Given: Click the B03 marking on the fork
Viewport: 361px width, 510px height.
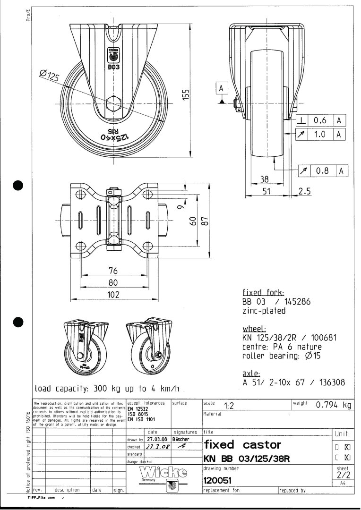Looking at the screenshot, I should tap(113, 68).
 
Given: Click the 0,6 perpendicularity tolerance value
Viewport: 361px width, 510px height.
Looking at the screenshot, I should tap(320, 121).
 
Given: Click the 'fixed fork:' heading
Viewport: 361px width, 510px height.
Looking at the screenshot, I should tap(263, 293).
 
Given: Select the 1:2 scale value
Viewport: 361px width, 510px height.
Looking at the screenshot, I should tap(230, 406).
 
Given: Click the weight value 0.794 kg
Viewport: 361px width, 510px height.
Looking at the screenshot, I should tap(334, 405).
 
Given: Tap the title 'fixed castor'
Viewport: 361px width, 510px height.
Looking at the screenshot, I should tap(242, 444).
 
